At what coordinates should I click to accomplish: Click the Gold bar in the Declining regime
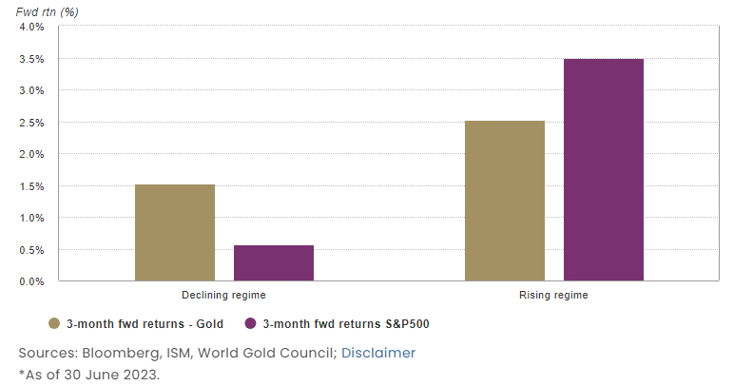point(175,233)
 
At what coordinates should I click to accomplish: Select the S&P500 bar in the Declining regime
point(274,263)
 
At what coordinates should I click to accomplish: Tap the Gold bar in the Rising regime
point(505,201)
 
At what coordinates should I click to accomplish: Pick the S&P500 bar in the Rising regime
point(604,170)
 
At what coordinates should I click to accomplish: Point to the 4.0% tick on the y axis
point(32,27)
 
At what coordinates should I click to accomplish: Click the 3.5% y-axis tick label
point(32,59)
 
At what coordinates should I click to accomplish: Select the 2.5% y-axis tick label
point(32,123)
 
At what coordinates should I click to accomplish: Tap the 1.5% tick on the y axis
point(32,186)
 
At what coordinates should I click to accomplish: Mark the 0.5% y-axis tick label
point(32,250)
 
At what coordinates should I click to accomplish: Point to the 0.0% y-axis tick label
point(32,281)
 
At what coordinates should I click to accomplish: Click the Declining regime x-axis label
point(224,296)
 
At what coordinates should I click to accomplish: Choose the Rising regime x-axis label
point(553,296)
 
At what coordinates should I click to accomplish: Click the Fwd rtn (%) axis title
point(44,10)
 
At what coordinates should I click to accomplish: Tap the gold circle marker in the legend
point(54,323)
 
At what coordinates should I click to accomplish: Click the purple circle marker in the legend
point(251,323)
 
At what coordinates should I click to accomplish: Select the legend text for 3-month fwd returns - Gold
point(145,324)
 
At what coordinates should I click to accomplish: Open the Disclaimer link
point(378,353)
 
